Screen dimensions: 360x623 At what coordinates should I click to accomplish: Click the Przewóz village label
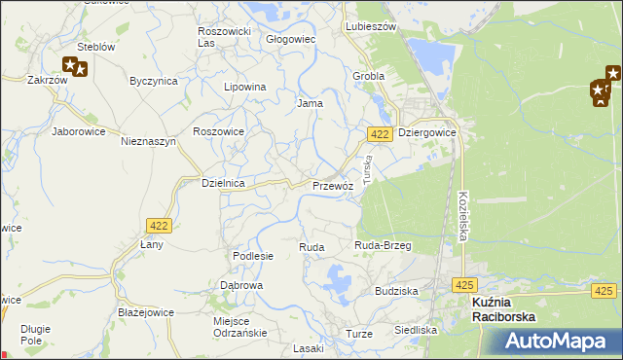(331, 185)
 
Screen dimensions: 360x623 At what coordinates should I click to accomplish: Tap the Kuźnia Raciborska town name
(505, 309)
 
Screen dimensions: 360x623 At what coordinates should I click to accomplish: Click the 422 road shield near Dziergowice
(381, 133)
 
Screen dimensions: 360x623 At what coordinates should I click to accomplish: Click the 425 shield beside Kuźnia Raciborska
(464, 285)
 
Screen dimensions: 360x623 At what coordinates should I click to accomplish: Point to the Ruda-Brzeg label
(383, 246)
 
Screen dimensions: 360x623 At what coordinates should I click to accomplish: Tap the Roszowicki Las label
(224, 37)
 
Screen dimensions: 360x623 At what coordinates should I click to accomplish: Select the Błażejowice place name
(145, 313)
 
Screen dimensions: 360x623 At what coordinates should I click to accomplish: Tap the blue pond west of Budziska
(338, 284)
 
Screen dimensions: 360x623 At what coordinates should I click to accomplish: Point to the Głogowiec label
(291, 40)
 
